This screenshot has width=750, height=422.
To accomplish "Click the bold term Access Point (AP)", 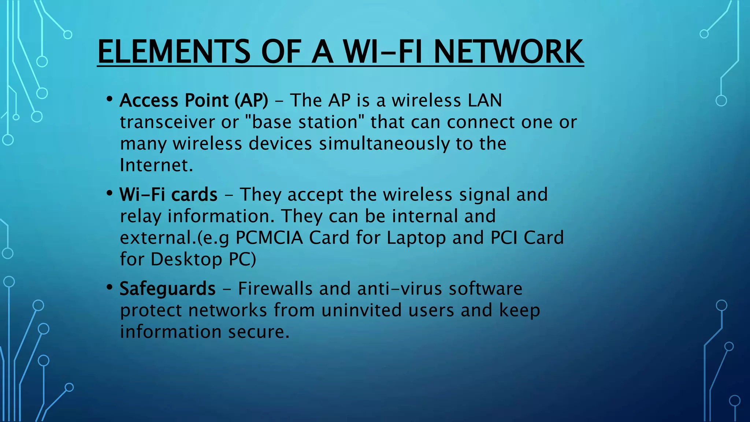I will point(194,100).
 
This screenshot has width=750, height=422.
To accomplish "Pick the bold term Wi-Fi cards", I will point(168,195).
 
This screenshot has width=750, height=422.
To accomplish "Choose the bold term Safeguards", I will point(167,289).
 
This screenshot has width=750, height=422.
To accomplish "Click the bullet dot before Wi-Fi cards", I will point(109,193).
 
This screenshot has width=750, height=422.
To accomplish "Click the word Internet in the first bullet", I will point(156,165).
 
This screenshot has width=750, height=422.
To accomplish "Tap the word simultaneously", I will point(384,144).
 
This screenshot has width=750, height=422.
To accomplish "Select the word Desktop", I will point(186,259).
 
